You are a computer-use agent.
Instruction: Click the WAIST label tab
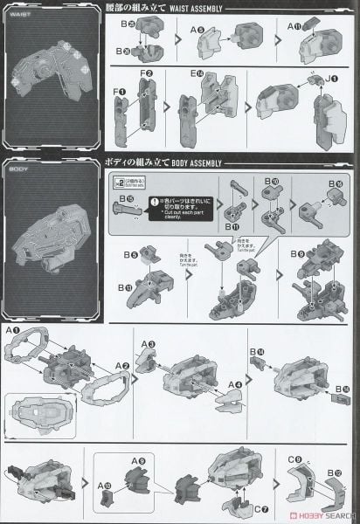point(24,15)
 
